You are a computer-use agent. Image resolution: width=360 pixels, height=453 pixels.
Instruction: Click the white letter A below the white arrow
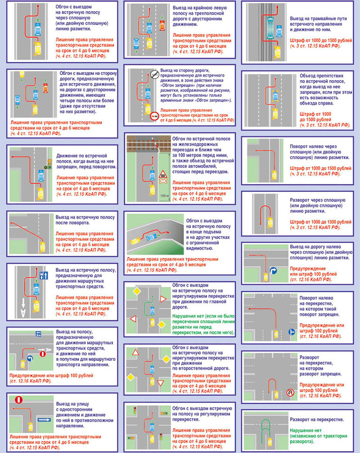[23, 313]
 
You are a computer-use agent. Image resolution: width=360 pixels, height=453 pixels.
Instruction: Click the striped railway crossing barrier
[157, 145]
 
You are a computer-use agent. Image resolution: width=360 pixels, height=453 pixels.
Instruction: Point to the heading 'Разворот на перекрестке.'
[316, 419]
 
